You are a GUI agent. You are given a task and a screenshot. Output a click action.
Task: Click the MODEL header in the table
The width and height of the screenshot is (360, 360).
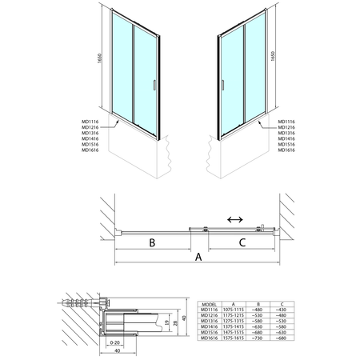(209, 304)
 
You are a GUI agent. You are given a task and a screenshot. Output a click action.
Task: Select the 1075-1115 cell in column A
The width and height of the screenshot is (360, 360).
(233, 310)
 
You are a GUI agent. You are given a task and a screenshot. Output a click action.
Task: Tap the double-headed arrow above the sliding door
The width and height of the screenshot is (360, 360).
(235, 218)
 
